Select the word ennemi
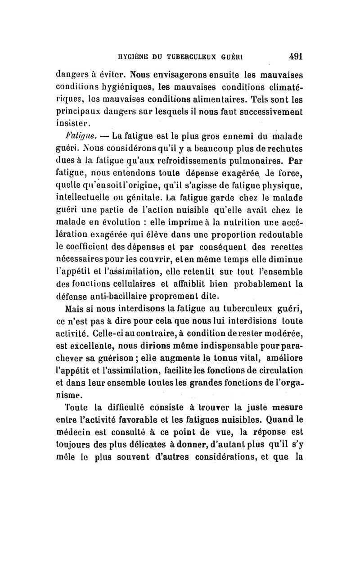(x=217, y=135)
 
